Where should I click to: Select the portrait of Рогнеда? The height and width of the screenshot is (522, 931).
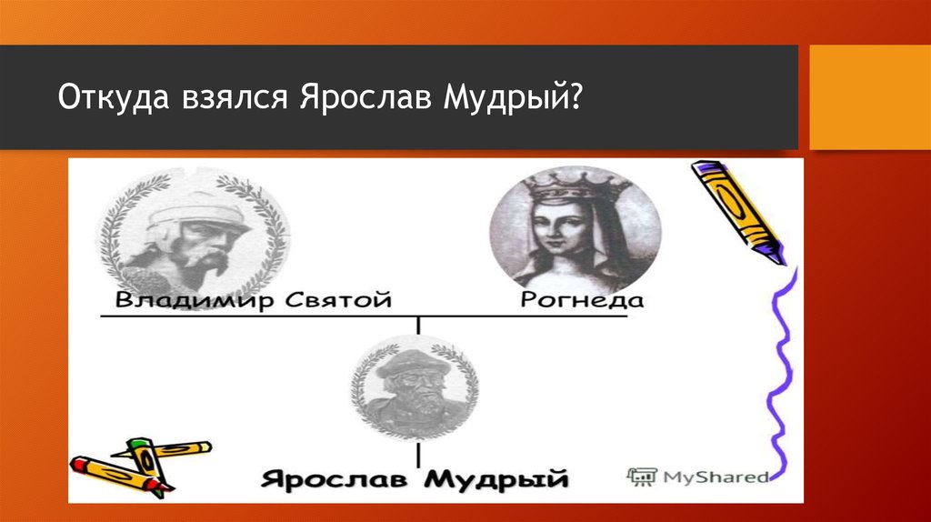(x=574, y=226)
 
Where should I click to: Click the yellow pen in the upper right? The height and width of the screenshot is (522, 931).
(x=737, y=212)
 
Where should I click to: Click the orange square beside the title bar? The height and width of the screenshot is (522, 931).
(x=869, y=97)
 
